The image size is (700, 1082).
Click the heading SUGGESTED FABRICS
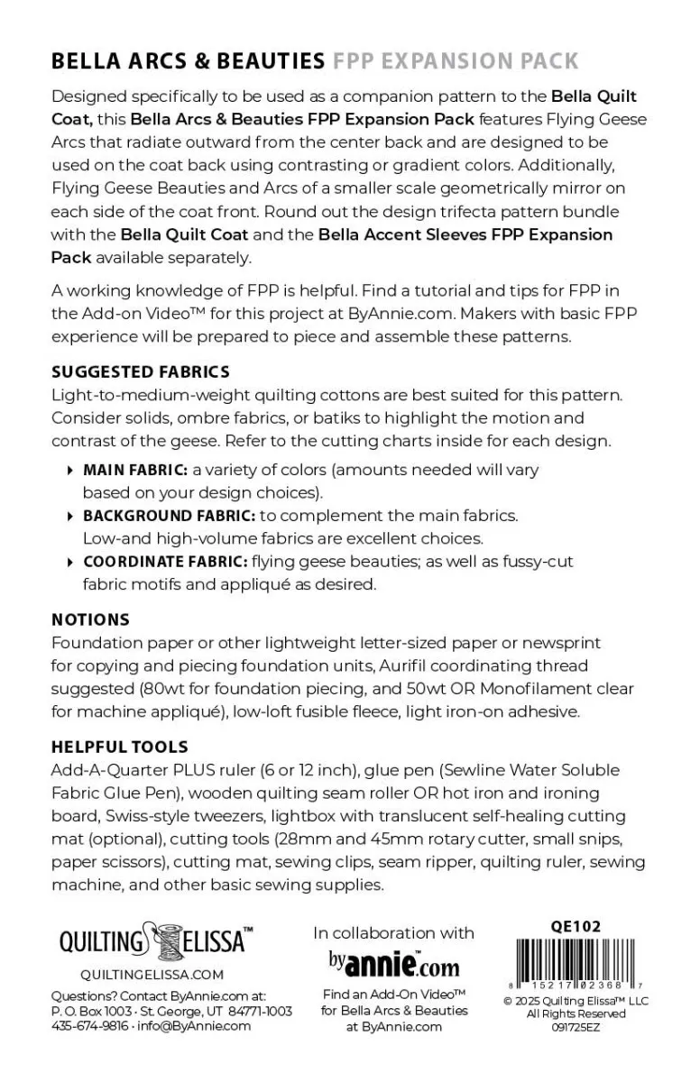141,371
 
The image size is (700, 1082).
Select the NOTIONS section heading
90,619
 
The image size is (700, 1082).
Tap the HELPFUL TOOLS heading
120,747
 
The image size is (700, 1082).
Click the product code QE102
575,926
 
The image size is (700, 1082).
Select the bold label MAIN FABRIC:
135,470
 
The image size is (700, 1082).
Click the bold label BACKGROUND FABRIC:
170,516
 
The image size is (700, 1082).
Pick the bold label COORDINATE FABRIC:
165,561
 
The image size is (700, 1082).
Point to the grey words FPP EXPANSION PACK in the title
456,61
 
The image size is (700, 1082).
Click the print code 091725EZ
576,1026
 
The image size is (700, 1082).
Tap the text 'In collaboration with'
393,933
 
